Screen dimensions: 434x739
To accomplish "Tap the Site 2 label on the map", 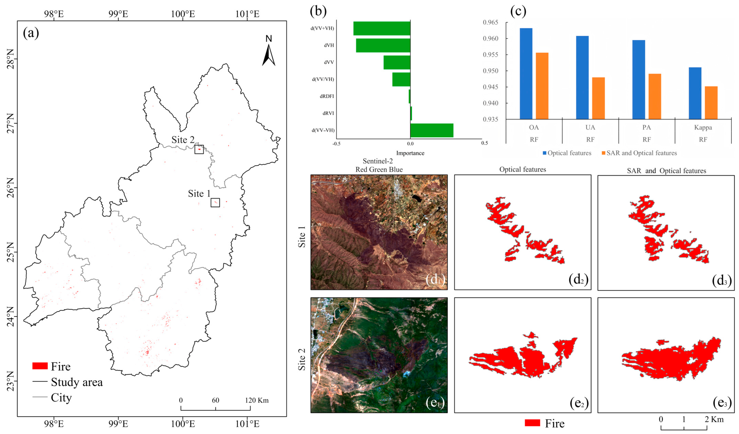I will (x=183, y=140).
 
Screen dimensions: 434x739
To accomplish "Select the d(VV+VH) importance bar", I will (x=382, y=28).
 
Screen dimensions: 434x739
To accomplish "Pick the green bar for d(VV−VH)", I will (x=432, y=130).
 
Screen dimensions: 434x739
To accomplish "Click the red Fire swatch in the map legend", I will (x=40, y=366).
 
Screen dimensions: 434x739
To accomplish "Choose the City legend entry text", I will (x=61, y=398).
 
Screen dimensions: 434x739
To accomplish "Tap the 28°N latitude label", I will (x=10, y=59).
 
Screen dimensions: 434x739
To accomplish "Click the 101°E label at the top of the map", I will (x=247, y=14).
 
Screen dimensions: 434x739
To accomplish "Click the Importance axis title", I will (x=410, y=153).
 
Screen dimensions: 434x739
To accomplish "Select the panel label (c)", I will (x=518, y=11).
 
